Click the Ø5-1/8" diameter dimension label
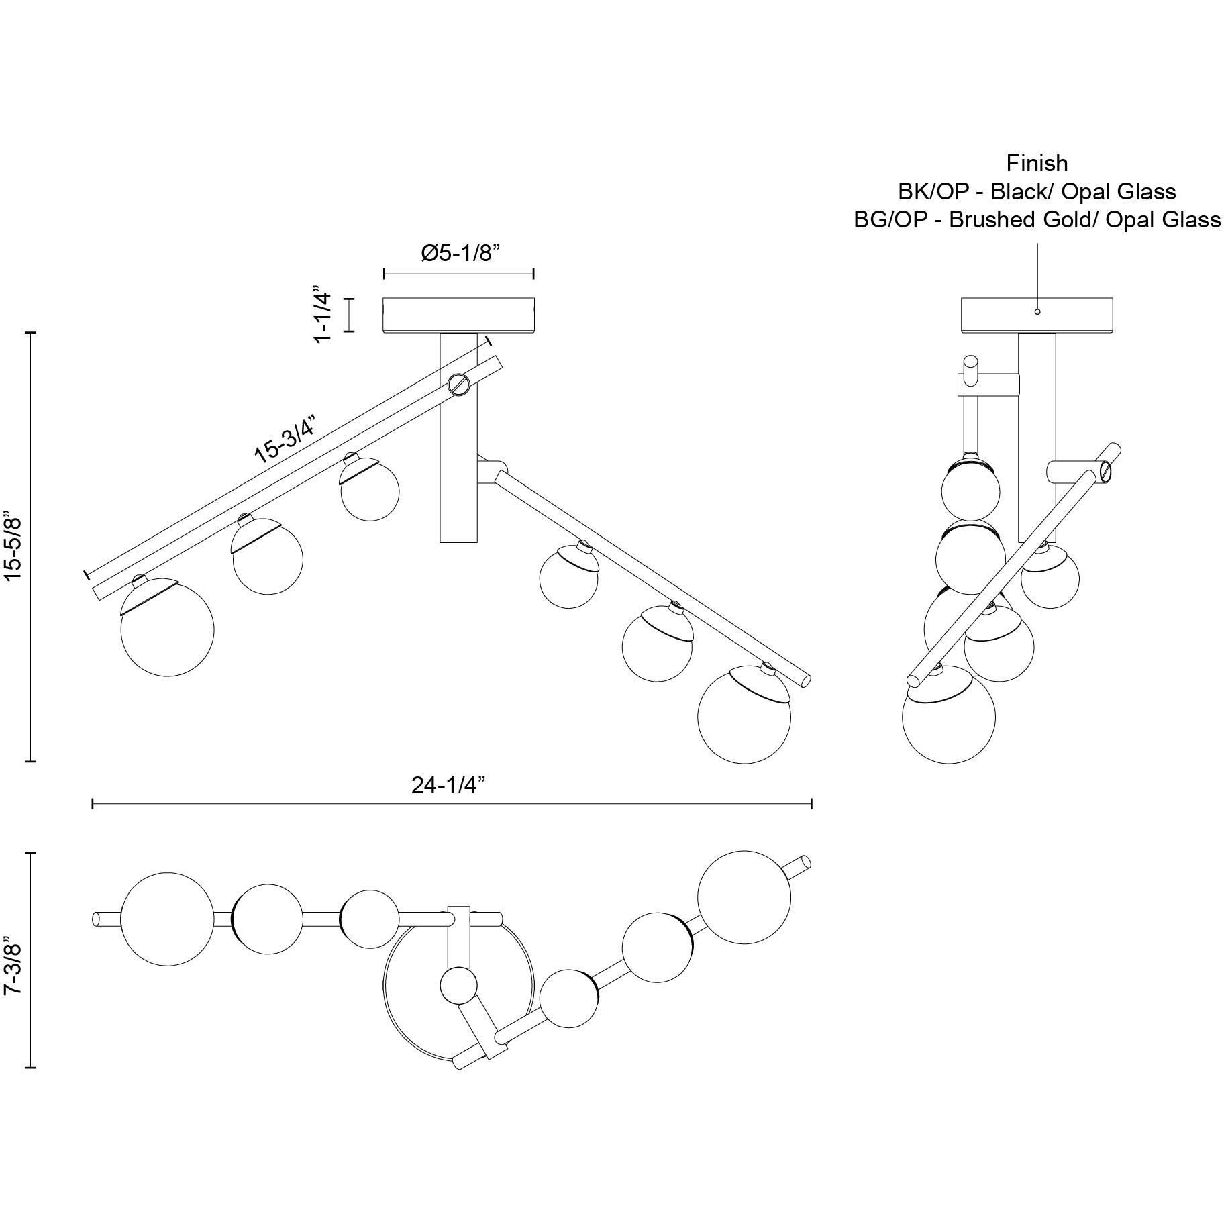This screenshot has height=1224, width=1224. (461, 253)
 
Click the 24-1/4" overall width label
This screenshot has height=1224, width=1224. (449, 784)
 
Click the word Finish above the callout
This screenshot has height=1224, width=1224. (1037, 163)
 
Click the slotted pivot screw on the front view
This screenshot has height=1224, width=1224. (458, 385)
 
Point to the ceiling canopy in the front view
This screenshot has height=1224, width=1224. (458, 315)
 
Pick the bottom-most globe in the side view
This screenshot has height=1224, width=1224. (949, 717)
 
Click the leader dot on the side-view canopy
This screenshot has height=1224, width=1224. (1037, 311)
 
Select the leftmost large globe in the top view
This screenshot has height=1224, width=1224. (167, 919)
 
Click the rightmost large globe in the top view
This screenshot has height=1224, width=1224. (744, 897)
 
